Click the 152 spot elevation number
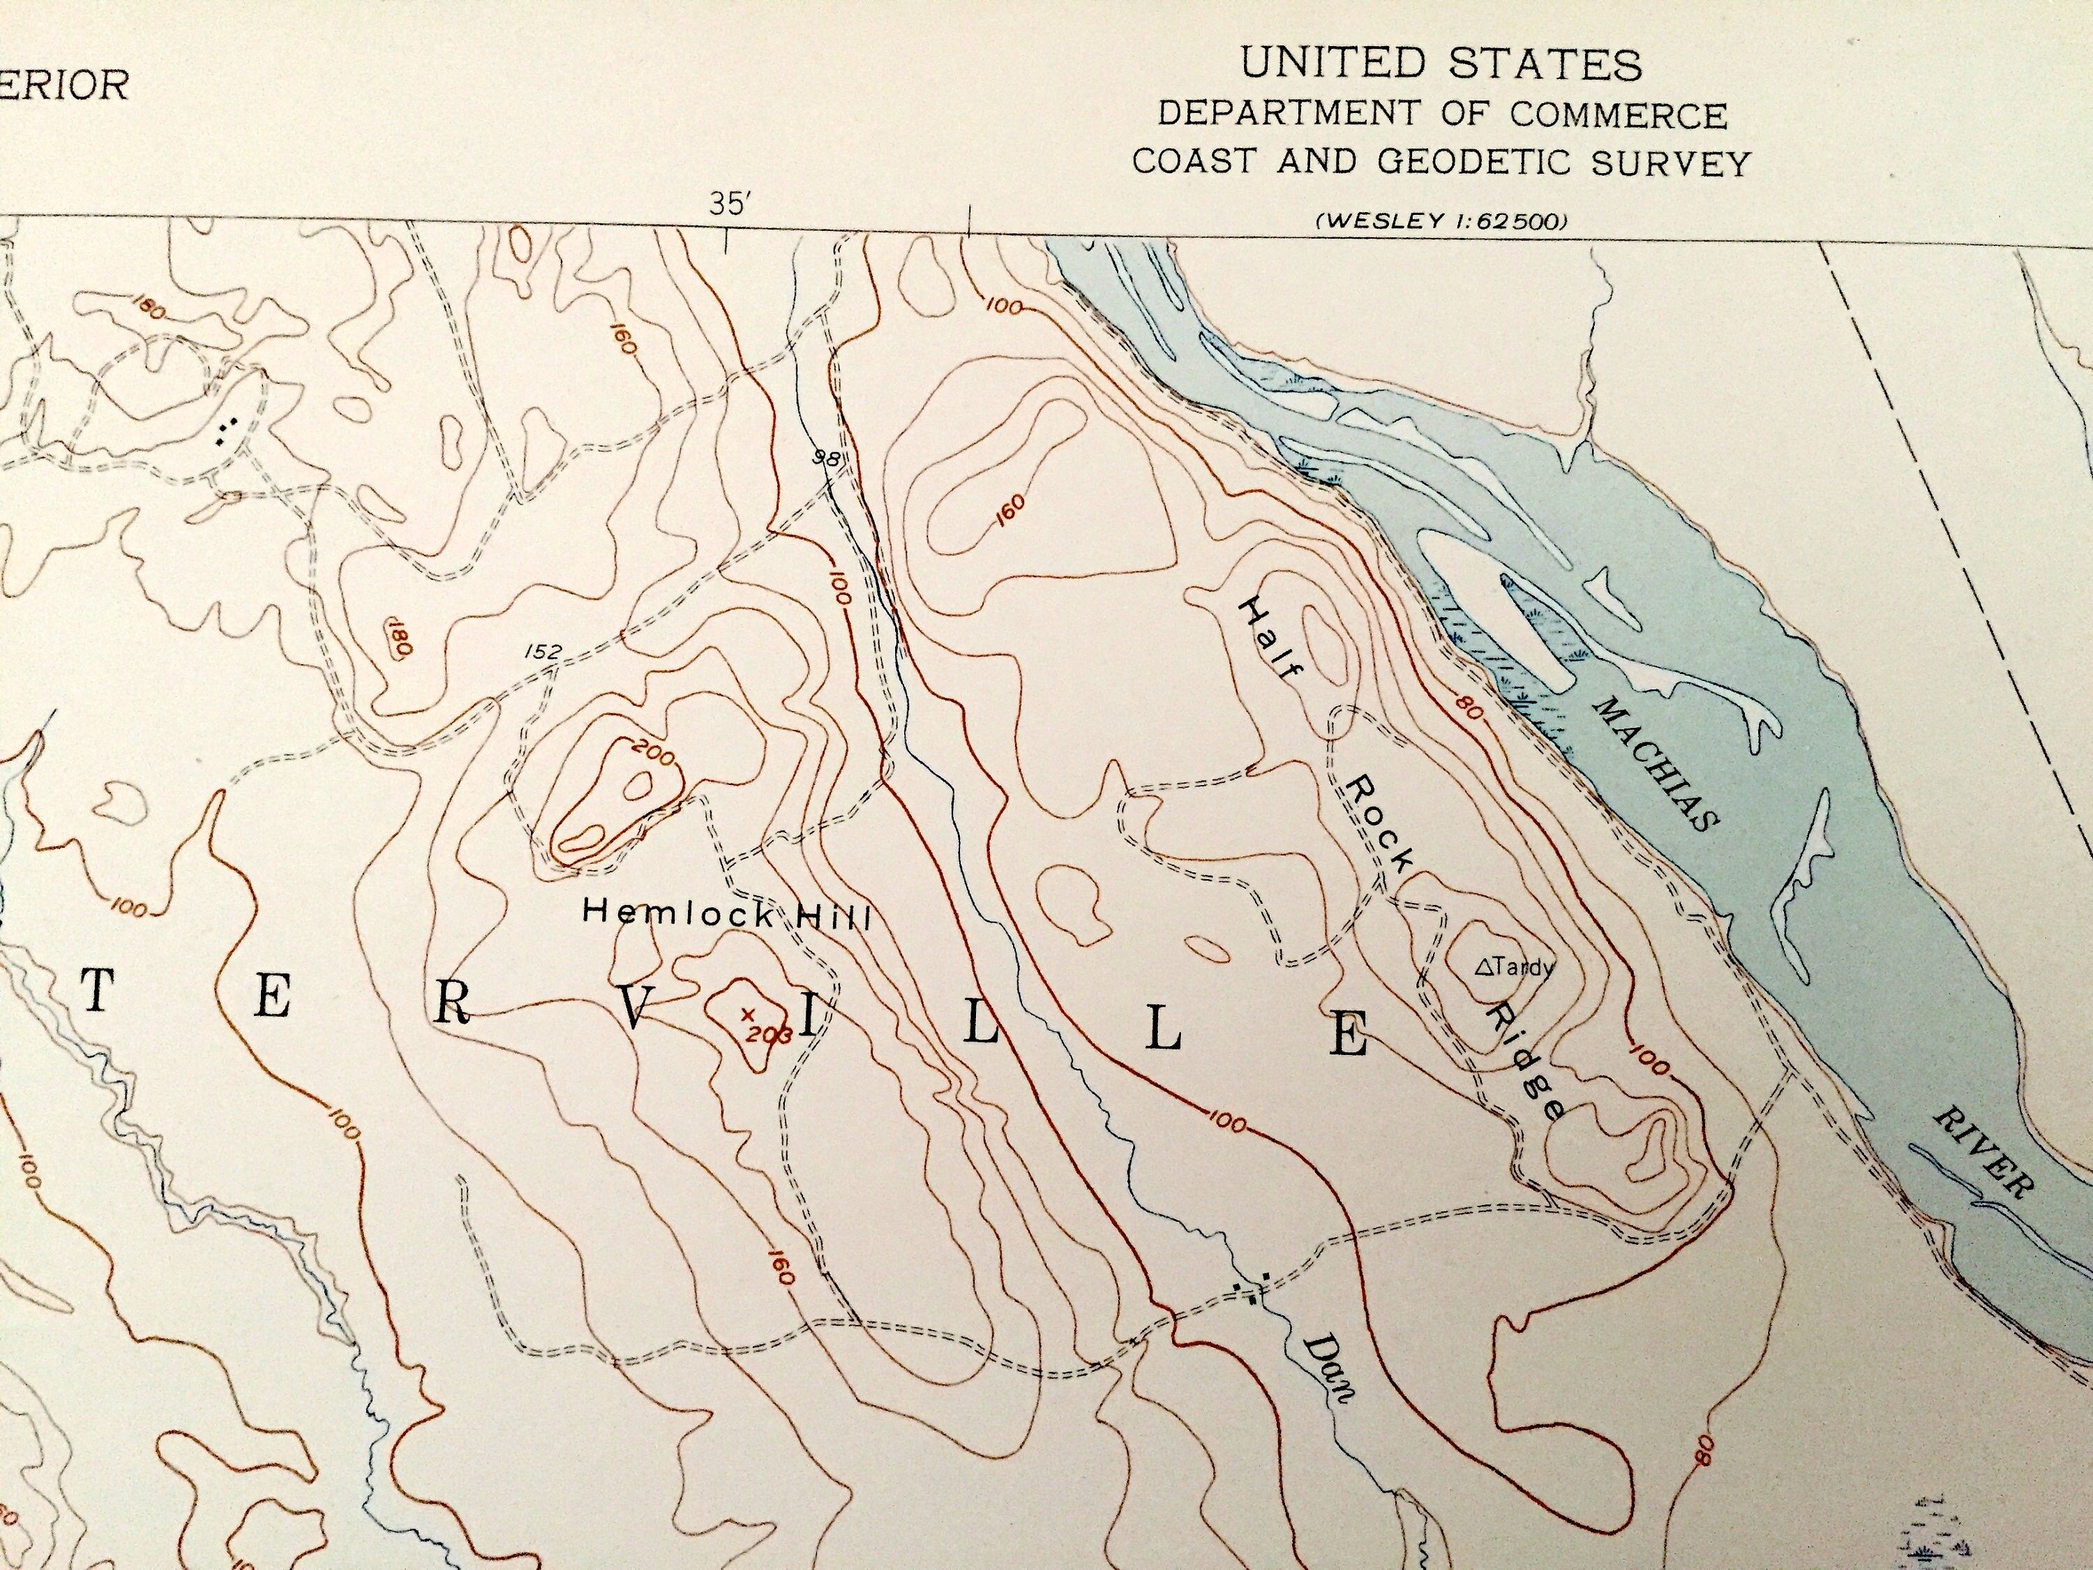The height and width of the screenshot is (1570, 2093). coord(542,651)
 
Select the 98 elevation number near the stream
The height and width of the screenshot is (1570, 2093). coord(826,459)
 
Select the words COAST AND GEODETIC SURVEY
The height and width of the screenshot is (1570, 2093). coord(1440,162)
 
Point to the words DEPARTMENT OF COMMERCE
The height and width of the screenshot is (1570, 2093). coord(1442,114)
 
